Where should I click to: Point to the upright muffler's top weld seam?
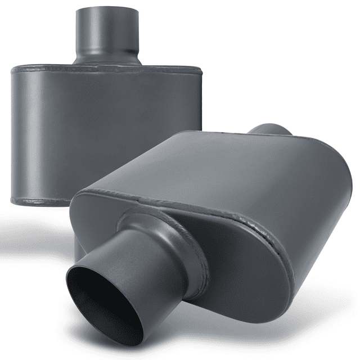pyautogui.click(x=107, y=70)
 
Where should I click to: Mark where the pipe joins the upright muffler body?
pyautogui.click(x=107, y=61)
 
